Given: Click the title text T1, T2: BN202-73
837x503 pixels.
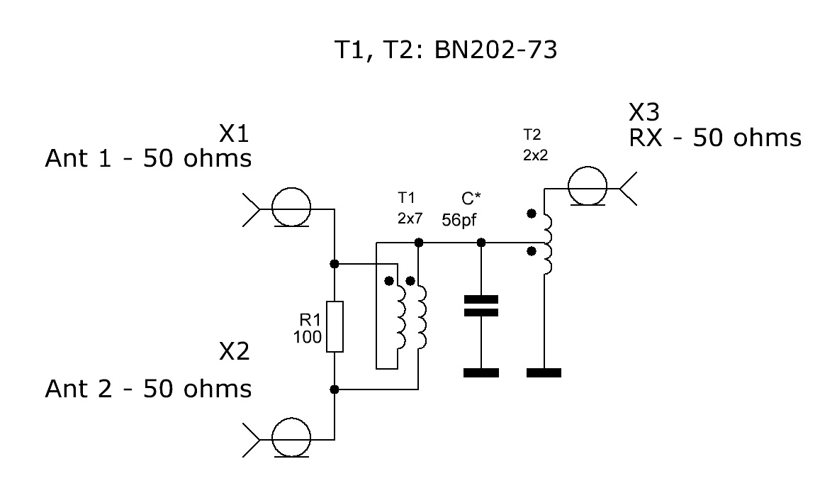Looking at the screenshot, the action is click(446, 50).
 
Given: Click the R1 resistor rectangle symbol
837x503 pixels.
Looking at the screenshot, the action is click(335, 326).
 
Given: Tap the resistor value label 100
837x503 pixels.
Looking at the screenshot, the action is click(307, 337).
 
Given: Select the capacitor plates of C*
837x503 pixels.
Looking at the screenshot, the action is click(481, 306).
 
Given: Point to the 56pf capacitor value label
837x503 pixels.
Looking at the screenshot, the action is click(459, 220).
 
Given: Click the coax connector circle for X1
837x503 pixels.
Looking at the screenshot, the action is click(291, 207).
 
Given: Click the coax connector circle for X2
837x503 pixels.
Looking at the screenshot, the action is click(291, 437).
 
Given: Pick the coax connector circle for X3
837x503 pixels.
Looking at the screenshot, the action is click(588, 185).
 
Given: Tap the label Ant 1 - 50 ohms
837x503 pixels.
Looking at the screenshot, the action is click(148, 159).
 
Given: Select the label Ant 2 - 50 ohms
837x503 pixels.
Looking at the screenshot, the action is click(148, 389).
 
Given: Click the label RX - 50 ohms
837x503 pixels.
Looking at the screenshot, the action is click(715, 138).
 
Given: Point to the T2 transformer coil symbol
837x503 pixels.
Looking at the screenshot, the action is click(546, 244).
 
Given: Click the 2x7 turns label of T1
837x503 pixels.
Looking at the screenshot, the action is click(410, 219).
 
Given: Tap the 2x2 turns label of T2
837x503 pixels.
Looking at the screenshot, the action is click(535, 155).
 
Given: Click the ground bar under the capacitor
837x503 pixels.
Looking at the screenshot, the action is click(481, 372).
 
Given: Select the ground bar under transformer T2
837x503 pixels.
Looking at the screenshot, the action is click(544, 372).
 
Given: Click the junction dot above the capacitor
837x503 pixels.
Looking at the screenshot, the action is click(481, 243).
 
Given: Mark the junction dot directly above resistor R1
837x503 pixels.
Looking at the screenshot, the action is click(334, 263).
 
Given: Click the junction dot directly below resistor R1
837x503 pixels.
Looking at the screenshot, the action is click(334, 389).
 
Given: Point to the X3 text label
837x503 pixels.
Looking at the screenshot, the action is click(644, 112).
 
